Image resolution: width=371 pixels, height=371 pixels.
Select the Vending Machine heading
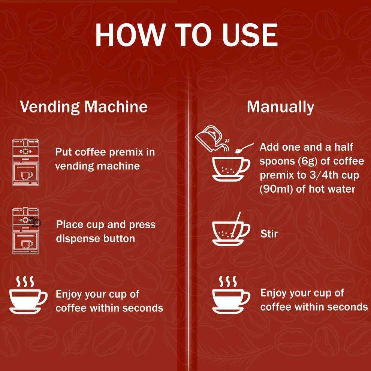click(84, 107)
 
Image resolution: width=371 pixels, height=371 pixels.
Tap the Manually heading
click(280, 107)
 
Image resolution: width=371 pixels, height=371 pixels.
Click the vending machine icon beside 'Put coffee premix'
click(26, 162)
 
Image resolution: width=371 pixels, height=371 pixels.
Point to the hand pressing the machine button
click(36, 222)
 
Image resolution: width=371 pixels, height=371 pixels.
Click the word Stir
click(269, 234)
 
